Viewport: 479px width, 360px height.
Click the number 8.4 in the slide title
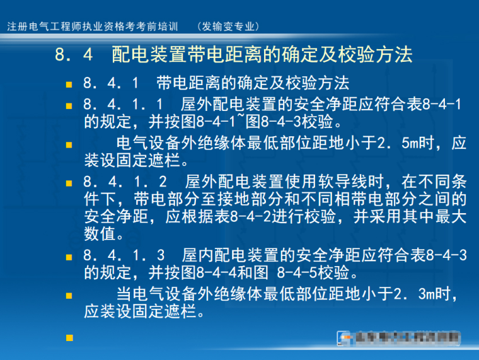tap(74, 55)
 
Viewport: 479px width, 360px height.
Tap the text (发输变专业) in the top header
tap(228, 26)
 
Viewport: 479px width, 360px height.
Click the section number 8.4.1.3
tap(124, 256)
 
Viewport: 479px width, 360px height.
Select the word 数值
tap(99, 235)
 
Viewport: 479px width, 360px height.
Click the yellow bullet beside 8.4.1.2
tap(69, 184)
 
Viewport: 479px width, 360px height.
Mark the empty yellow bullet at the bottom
tap(69, 338)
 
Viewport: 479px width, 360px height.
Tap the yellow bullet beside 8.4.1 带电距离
tap(69, 84)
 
